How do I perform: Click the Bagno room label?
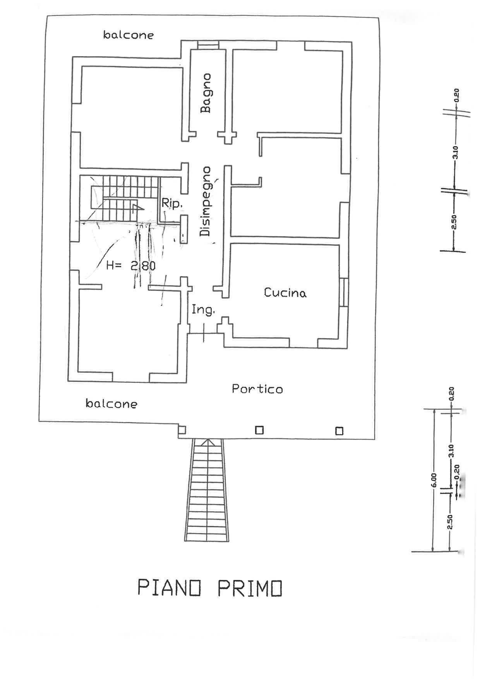point(206,93)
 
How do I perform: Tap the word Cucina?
point(285,293)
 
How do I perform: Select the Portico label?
point(257,389)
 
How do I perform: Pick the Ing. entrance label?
point(203,310)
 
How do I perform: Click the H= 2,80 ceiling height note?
point(131,266)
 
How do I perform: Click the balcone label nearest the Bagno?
point(128,35)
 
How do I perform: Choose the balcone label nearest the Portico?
point(111,404)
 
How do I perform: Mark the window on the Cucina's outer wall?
point(344,292)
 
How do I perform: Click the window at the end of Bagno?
point(208,46)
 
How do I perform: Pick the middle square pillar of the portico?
point(259,430)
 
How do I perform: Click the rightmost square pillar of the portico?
point(339,431)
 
